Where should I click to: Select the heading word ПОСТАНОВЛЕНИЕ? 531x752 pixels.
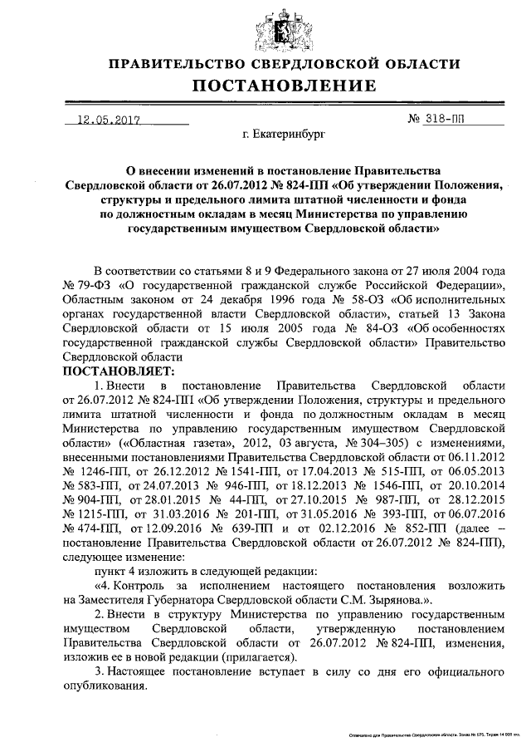[285, 86]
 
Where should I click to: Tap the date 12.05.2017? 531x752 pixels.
[107, 119]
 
